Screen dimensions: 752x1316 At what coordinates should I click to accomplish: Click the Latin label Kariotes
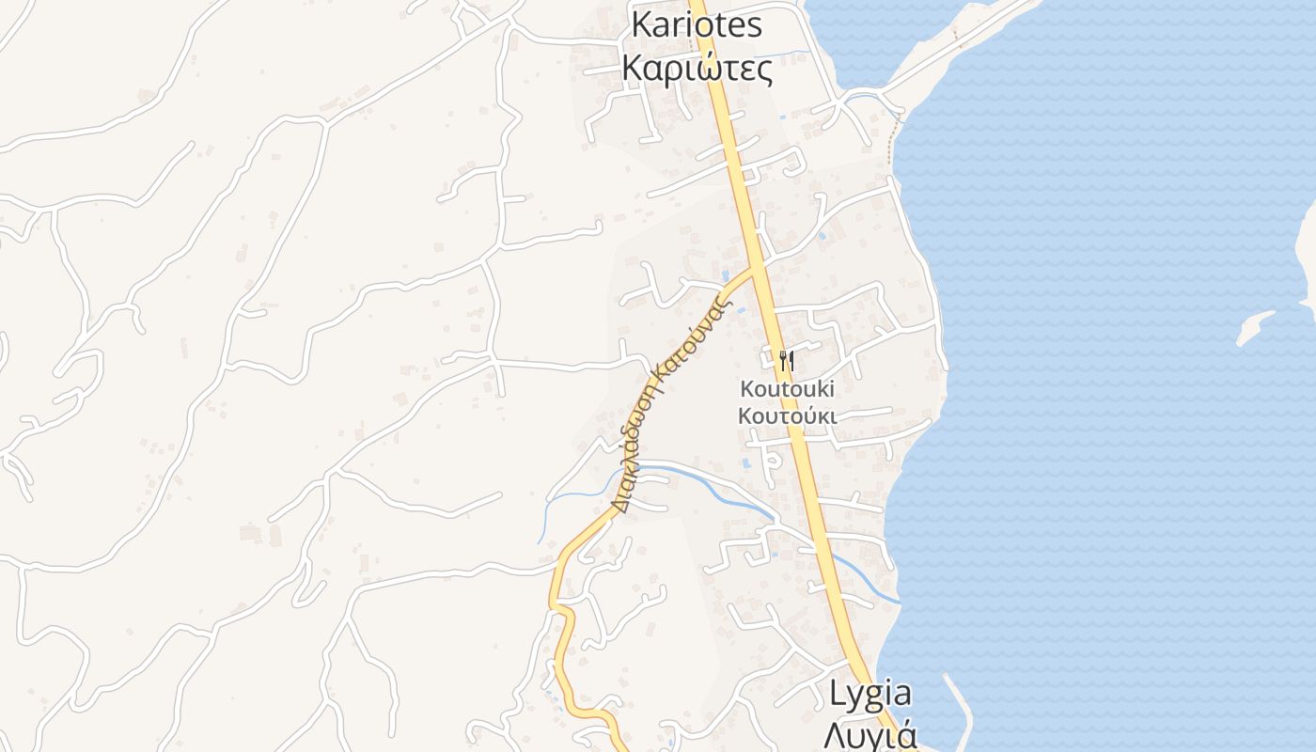pos(697,24)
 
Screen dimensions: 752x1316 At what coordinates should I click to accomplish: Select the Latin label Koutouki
pos(787,388)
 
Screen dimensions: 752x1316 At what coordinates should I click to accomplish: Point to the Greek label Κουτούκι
pos(787,415)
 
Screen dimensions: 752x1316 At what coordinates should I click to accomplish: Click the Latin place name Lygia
pos(869,694)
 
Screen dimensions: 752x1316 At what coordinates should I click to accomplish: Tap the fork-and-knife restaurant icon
pos(787,360)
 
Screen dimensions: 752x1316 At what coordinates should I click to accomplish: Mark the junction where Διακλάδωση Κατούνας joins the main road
pos(758,268)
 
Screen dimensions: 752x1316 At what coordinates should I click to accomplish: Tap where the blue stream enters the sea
pos(899,601)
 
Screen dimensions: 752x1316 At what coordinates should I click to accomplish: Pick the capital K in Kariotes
pos(641,24)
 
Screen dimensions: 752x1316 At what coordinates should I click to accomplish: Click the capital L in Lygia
pos(837,694)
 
